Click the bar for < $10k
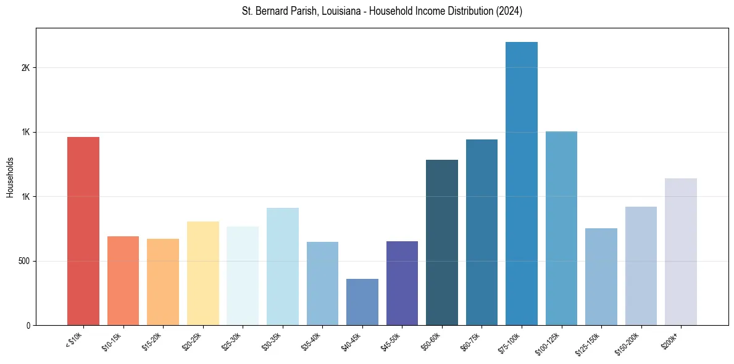[83, 231]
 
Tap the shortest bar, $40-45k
[362, 302]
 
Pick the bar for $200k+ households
[681, 252]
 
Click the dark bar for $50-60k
[442, 242]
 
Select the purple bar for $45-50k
[402, 283]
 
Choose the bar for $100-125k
[561, 228]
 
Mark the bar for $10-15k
[123, 281]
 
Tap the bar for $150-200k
[641, 266]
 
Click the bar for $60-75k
[482, 232]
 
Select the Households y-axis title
[10, 176]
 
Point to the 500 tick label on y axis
[24, 261]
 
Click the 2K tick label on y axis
[26, 68]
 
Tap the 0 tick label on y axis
[28, 325]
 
